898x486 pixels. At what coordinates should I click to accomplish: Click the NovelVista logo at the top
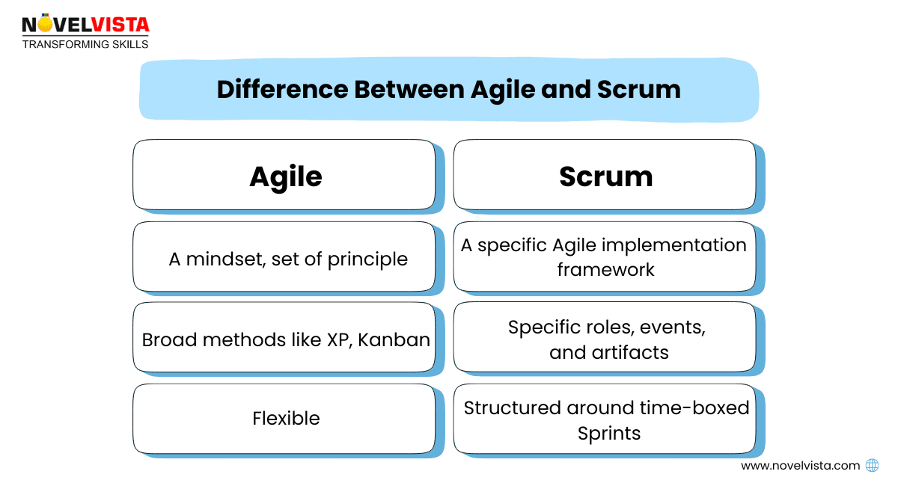85,24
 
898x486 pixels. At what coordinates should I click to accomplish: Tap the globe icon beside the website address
872,465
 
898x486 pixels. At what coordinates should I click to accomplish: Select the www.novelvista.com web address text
800,465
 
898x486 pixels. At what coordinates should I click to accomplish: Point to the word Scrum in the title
638,90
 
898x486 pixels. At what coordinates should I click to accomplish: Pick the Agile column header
285,176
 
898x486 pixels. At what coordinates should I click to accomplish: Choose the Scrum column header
605,176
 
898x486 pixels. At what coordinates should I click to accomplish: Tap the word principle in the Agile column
368,259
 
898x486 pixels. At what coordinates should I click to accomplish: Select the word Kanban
394,339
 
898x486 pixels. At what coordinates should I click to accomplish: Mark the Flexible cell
286,418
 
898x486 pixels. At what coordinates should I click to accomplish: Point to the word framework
605,269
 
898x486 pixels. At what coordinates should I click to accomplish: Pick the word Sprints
609,433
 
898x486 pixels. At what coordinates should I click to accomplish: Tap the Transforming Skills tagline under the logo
85,44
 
